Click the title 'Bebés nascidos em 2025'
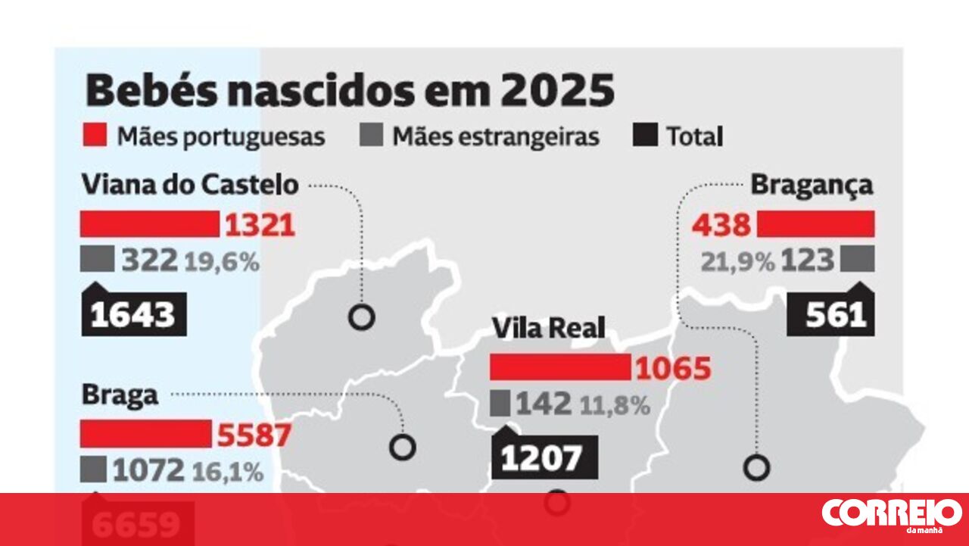tap(350, 91)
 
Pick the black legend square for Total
tap(643, 136)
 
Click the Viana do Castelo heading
tap(189, 185)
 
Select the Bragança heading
tap(812, 185)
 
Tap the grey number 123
tap(807, 261)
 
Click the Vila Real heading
tap(549, 329)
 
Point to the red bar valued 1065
tap(559, 367)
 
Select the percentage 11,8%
tap(615, 405)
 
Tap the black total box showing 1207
tap(544, 457)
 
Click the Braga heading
tap(120, 395)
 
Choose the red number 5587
tap(254, 435)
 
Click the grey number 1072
tap(148, 471)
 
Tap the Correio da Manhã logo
tap(891, 515)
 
